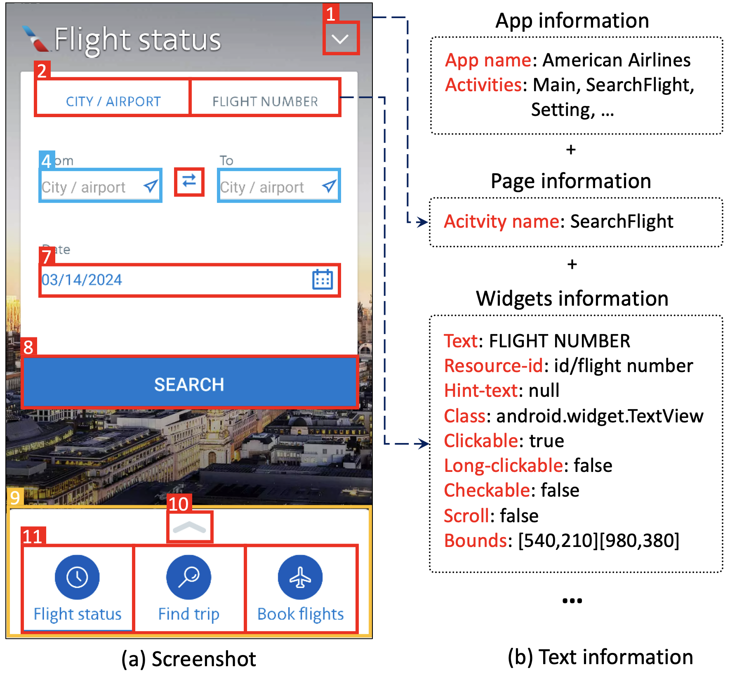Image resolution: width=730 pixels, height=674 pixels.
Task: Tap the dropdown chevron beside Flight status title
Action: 340,39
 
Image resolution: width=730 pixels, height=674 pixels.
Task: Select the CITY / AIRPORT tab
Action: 113,101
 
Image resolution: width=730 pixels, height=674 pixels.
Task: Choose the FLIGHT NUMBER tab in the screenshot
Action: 265,101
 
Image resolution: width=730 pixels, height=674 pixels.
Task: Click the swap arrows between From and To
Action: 189,181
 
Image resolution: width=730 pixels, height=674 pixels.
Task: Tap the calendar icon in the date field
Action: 322,280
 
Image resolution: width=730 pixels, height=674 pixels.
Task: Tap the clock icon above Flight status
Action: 77,577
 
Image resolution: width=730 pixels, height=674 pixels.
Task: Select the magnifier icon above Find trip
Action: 188,577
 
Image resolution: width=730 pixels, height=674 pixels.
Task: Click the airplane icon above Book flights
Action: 300,577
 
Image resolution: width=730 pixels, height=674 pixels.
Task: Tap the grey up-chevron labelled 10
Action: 189,528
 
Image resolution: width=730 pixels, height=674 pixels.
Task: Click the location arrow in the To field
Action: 329,186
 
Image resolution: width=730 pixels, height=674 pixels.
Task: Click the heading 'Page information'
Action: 571,181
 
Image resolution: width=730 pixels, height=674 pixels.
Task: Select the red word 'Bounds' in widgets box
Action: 475,540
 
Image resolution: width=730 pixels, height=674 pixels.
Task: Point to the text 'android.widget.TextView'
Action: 600,416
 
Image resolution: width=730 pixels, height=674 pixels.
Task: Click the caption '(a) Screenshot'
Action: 188,659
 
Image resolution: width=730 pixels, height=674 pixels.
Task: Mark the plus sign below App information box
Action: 571,149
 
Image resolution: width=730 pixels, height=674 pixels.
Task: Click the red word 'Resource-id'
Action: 493,366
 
